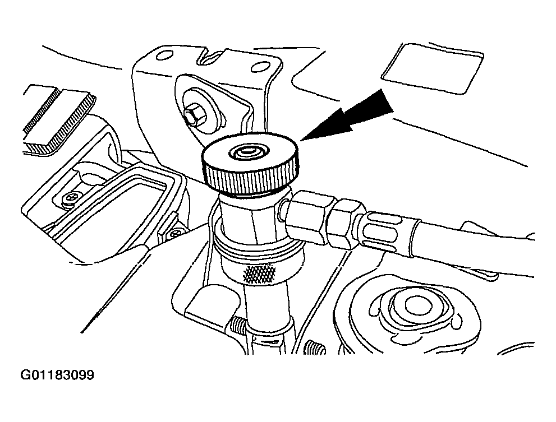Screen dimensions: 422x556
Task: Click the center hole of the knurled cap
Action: click(x=248, y=151)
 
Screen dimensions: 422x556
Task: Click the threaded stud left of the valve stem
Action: click(x=237, y=324)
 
